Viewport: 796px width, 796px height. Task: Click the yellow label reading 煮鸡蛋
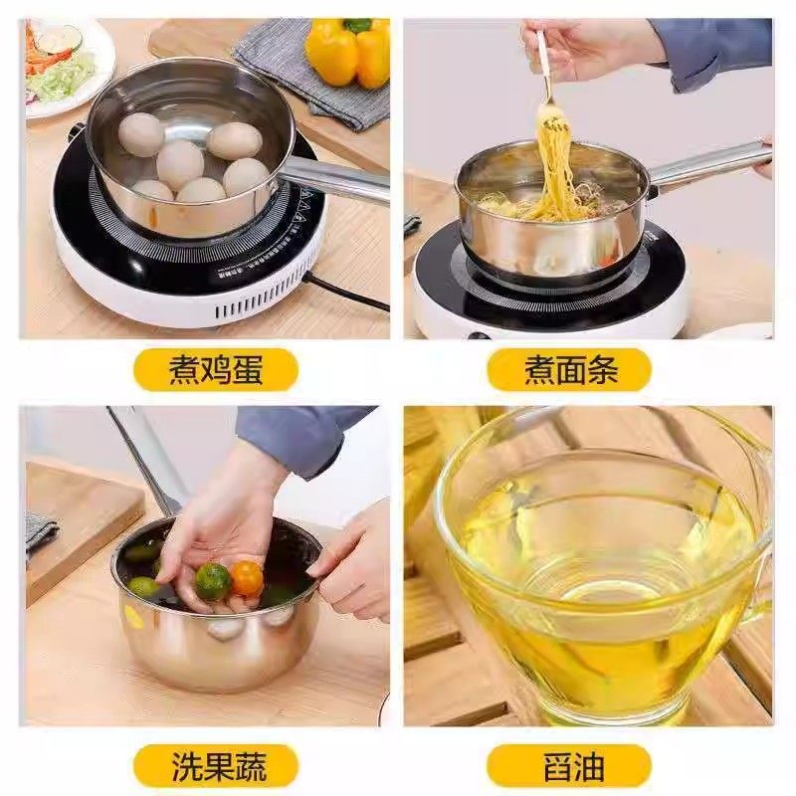[x=216, y=370]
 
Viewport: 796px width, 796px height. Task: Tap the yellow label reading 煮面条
[x=570, y=370]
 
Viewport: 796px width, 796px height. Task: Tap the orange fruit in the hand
[x=247, y=577]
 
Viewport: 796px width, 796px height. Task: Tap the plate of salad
[x=65, y=65]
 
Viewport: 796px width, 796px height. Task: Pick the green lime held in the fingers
[x=212, y=581]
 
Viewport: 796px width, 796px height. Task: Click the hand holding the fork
[x=587, y=45]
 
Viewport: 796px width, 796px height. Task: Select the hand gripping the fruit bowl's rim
[x=353, y=562]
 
